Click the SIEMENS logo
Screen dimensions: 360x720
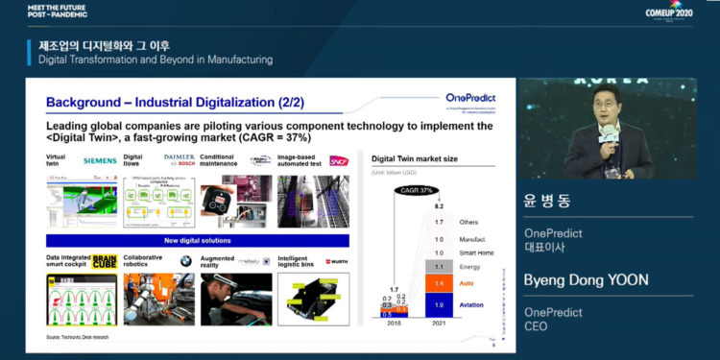(100, 160)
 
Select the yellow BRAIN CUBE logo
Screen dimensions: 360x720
(100, 261)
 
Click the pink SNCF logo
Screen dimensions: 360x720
(338, 160)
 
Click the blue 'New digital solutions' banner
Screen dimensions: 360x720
(198, 241)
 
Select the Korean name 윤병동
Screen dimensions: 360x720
(545, 204)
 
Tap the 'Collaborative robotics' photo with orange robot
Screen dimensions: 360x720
(155, 299)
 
